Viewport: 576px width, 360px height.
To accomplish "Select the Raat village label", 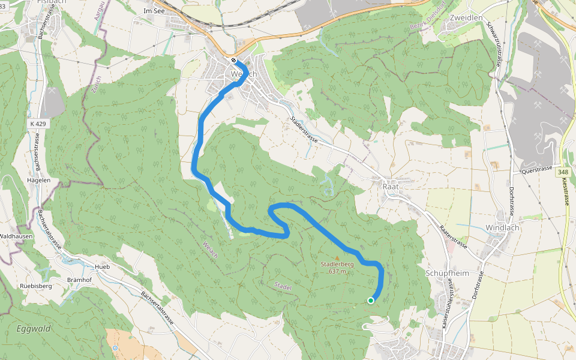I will coord(391,187).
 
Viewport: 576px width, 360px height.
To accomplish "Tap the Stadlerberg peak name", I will coord(337,264).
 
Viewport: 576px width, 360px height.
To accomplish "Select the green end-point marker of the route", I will coord(371,300).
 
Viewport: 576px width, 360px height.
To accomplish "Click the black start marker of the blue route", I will coord(233,60).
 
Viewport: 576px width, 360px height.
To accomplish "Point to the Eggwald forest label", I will coord(34,329).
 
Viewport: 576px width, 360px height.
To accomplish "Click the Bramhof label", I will coord(78,280).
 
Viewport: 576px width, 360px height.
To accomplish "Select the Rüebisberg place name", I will coord(36,286).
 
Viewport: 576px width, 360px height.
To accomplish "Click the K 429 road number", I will coord(37,123).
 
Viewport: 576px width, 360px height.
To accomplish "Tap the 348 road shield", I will coord(562,172).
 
